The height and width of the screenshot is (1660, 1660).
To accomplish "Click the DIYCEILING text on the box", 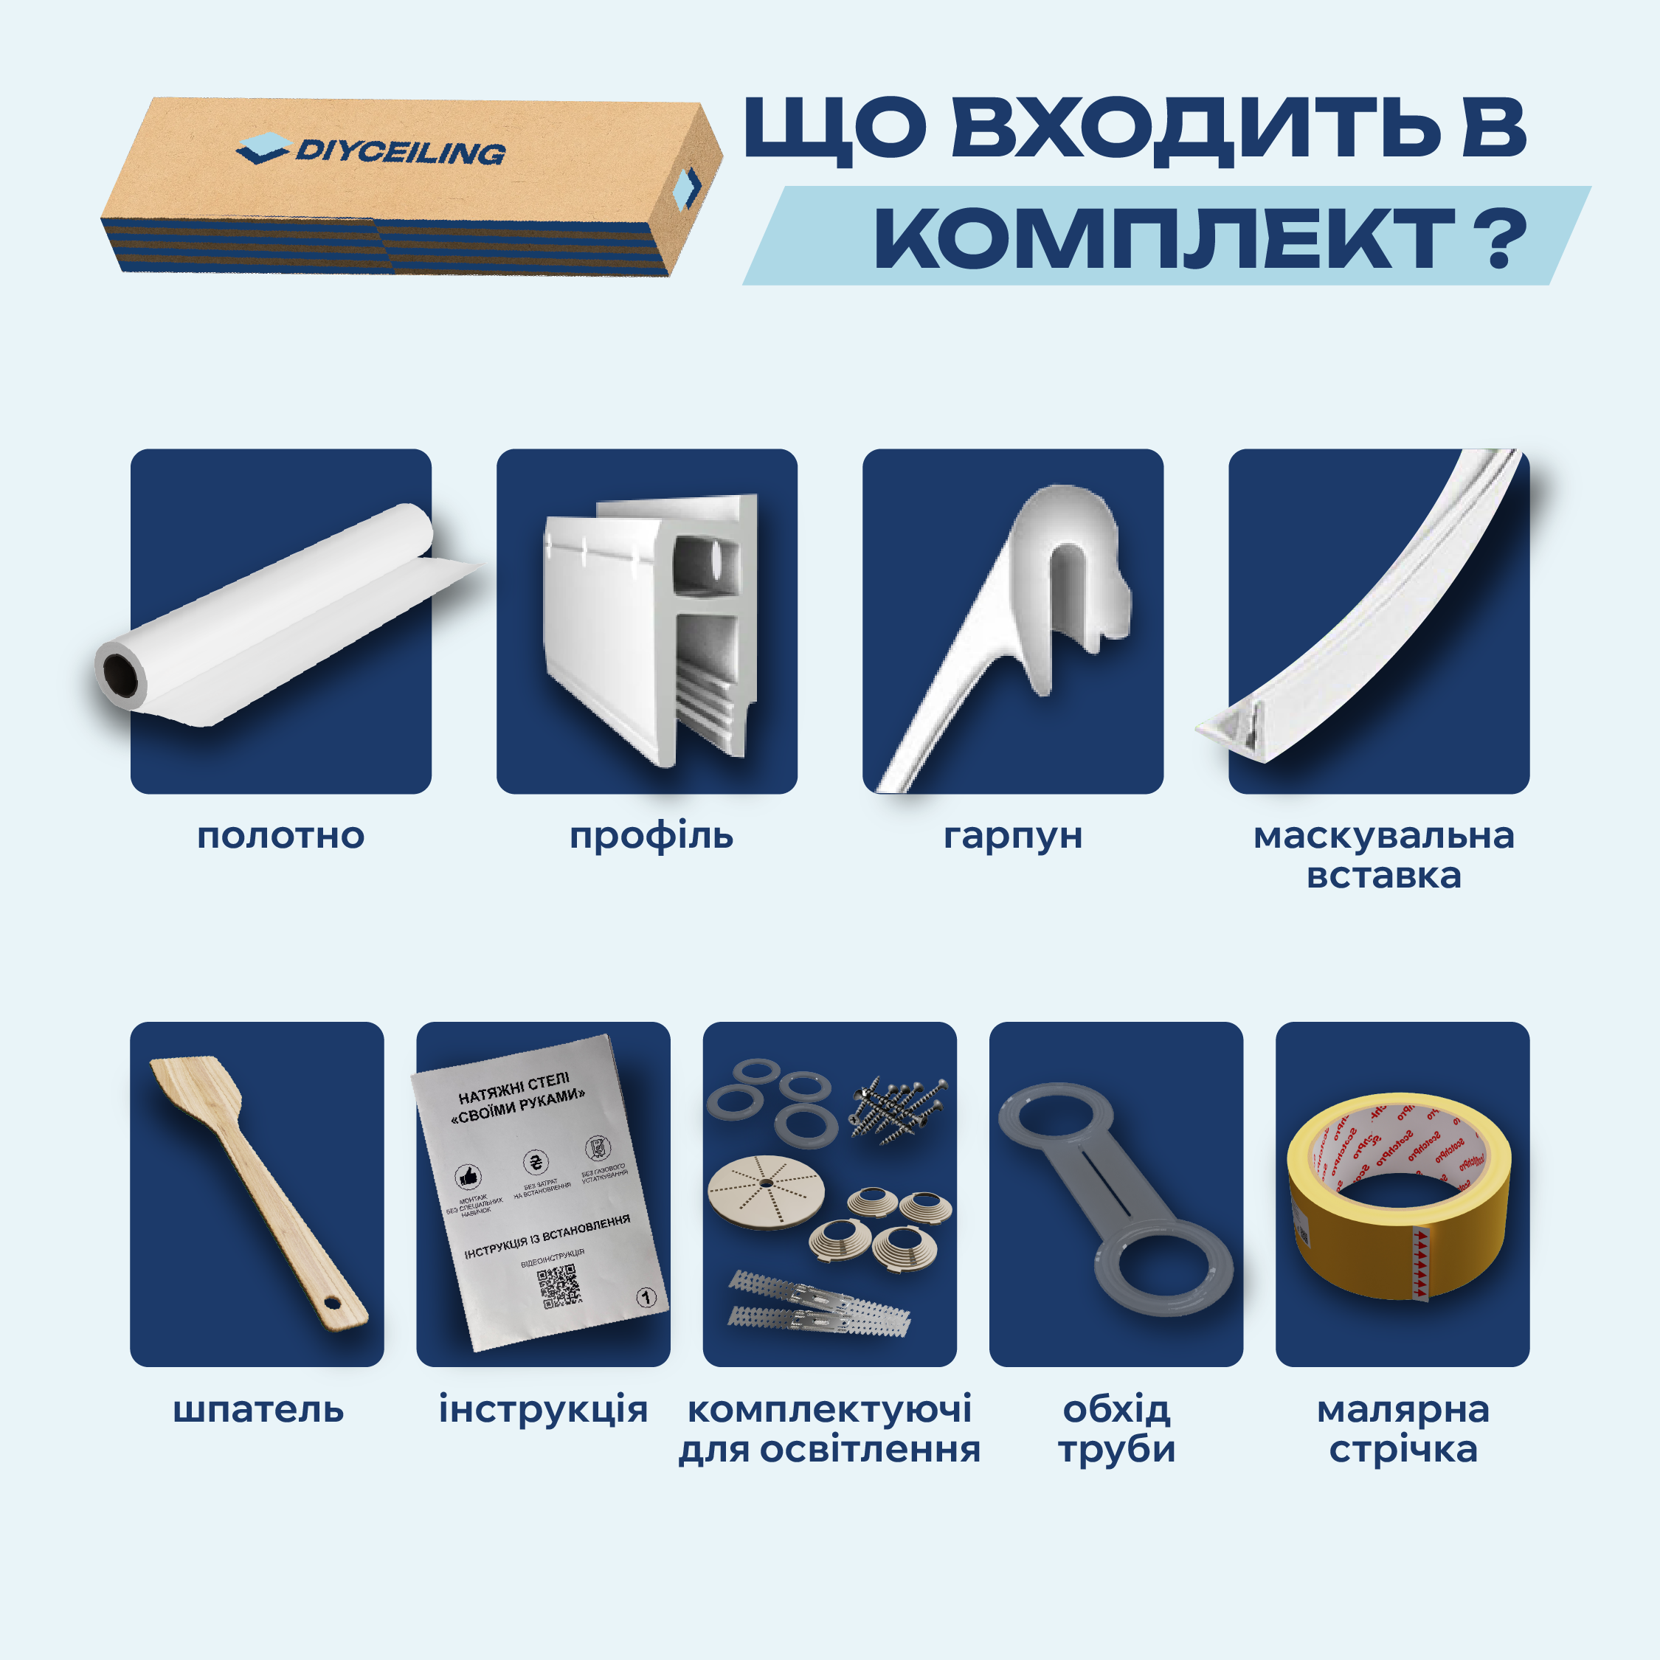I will pyautogui.click(x=400, y=152).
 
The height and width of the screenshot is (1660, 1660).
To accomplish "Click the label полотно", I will pyautogui.click(x=281, y=835).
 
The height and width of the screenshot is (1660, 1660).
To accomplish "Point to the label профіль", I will pyautogui.click(x=651, y=835).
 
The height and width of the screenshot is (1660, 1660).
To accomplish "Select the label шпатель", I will pyautogui.click(x=257, y=1410).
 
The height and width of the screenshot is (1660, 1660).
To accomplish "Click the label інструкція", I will pyautogui.click(x=543, y=1410).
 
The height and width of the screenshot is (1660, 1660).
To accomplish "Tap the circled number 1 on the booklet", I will pyautogui.click(x=646, y=1298).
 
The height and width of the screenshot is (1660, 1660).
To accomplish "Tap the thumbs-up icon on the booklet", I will pyautogui.click(x=468, y=1176).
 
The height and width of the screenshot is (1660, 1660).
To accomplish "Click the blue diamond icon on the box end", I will pyautogui.click(x=687, y=188).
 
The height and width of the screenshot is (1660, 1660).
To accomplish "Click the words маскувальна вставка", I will pyautogui.click(x=1383, y=855).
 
